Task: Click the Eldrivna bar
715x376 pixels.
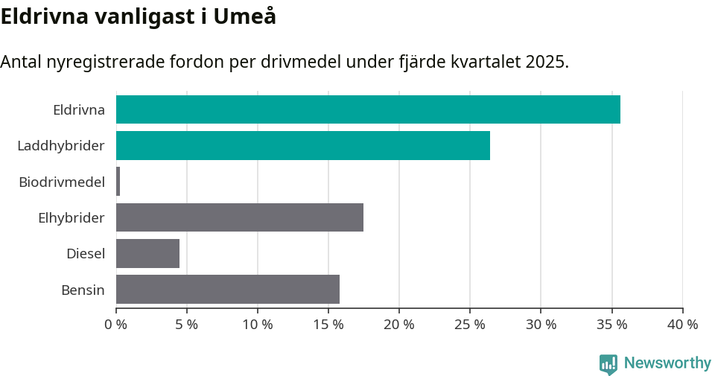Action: click(x=368, y=109)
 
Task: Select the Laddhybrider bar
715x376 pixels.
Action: click(x=303, y=145)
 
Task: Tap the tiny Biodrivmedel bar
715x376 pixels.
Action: click(x=118, y=182)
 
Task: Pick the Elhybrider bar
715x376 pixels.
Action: click(x=240, y=217)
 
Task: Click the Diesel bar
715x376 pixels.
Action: click(x=147, y=253)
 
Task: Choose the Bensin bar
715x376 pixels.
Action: click(x=228, y=289)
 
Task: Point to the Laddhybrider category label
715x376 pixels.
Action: click(x=61, y=145)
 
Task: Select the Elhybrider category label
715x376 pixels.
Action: click(x=71, y=217)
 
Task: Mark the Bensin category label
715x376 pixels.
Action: click(x=83, y=290)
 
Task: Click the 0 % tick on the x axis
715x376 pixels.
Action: click(x=116, y=325)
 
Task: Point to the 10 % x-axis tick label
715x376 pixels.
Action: click(x=258, y=325)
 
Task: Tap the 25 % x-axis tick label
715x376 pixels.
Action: click(x=470, y=325)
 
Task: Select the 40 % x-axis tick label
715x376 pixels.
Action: click(x=682, y=325)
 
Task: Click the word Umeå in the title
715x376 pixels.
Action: click(x=245, y=16)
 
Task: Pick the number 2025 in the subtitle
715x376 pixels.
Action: click(x=545, y=62)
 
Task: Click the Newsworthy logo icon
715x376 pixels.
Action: click(x=608, y=364)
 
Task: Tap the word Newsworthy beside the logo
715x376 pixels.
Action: click(x=667, y=363)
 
